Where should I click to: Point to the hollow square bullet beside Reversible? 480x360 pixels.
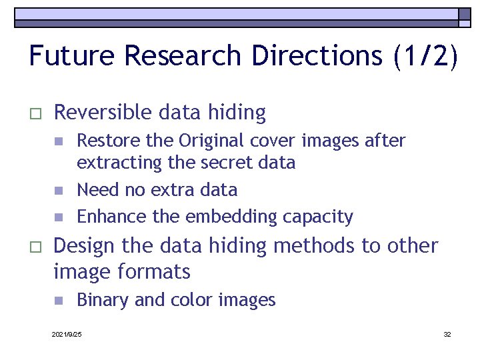(x=36, y=114)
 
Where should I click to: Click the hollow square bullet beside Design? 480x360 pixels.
(x=36, y=247)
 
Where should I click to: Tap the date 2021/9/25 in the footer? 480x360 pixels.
(x=67, y=334)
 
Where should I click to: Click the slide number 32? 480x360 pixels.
(x=447, y=334)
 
